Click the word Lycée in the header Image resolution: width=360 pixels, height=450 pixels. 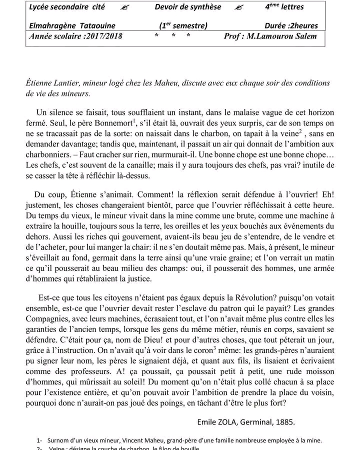(40, 7)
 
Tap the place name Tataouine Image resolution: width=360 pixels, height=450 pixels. (95, 25)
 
